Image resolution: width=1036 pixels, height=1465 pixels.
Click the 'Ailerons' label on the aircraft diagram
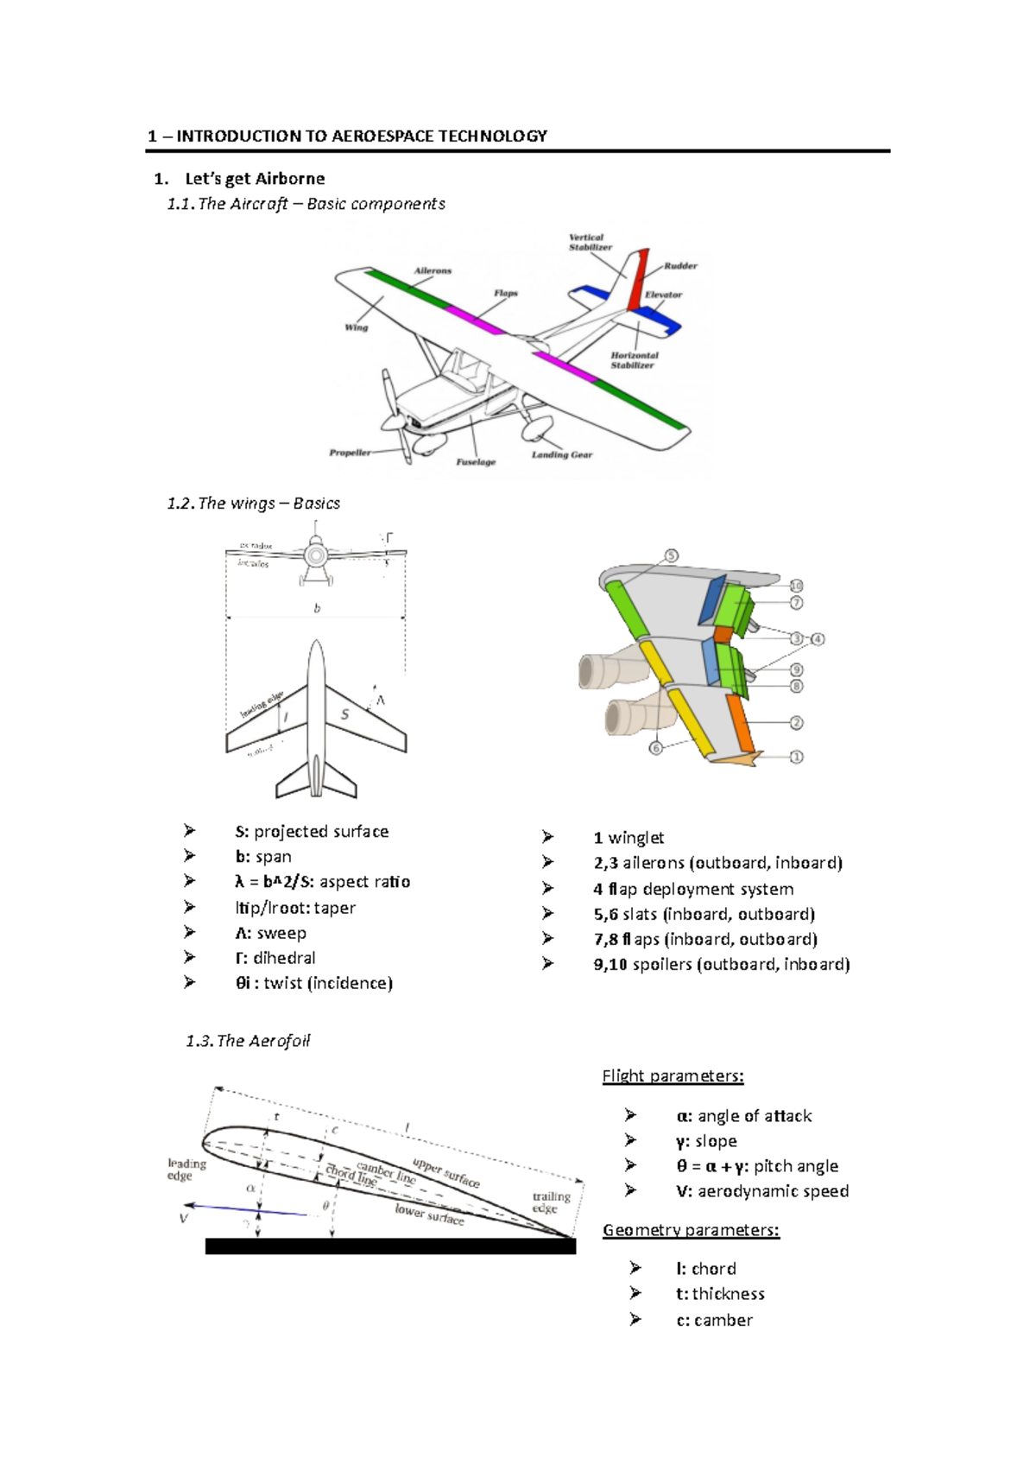pos(433,270)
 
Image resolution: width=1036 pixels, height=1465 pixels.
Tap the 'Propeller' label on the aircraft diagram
pos(350,453)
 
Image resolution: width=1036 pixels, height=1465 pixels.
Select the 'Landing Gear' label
pos(561,454)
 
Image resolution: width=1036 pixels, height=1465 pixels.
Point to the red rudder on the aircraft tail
pos(637,281)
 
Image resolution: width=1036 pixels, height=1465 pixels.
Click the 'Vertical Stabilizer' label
pos(591,242)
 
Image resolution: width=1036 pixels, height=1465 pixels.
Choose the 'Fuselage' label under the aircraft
pos(476,462)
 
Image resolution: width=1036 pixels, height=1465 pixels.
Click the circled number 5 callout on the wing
pos(672,555)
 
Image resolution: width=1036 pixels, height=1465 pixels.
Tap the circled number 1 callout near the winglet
pos(796,757)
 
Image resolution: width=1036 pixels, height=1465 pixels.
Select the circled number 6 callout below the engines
pos(656,748)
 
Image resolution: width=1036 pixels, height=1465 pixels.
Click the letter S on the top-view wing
pos(344,714)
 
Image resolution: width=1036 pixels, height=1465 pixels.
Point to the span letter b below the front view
pos(317,608)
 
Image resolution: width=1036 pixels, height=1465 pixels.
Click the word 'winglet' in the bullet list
pos(636,838)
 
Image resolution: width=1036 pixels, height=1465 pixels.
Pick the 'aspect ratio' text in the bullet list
pos(364,882)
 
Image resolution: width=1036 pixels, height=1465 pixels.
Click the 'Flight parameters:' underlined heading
pos(673,1076)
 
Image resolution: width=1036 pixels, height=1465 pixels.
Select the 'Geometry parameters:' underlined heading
pos(691,1230)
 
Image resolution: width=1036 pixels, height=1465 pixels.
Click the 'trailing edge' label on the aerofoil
pos(551,1202)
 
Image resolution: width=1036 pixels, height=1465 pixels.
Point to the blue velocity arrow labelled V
pos(246,1209)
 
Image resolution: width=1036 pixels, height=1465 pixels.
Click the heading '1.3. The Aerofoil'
pos(248,1041)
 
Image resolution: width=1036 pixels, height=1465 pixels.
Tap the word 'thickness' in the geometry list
pos(728,1294)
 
